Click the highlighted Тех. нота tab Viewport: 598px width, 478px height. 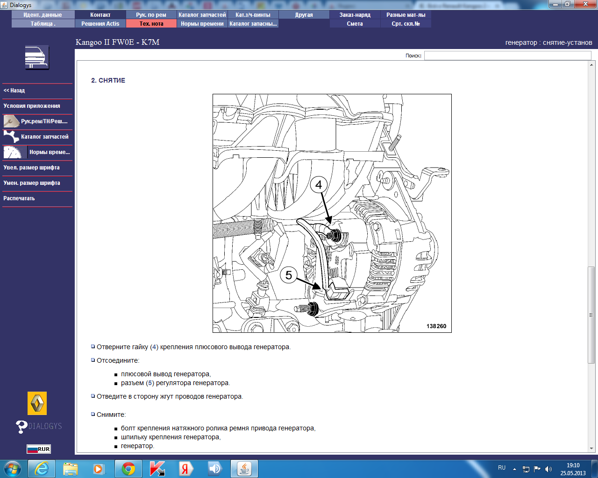pos(151,24)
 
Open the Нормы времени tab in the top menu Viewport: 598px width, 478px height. pos(202,24)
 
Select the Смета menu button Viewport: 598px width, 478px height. pos(355,24)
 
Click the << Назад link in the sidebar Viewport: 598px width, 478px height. pos(14,91)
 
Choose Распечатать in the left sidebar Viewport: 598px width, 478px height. pos(19,198)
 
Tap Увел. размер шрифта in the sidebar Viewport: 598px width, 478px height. pos(31,168)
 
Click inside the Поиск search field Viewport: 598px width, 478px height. pos(507,56)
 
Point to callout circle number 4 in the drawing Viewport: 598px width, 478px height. pos(319,185)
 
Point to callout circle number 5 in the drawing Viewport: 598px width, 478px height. pos(288,275)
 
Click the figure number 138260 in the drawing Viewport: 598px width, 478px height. pos(436,326)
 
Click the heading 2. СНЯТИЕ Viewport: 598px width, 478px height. pos(108,81)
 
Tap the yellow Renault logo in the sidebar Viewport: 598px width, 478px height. pos(37,403)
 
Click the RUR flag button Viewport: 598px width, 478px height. pos(39,449)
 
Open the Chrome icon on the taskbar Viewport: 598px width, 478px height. pos(128,469)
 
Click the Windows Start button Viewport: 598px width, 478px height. pos(12,469)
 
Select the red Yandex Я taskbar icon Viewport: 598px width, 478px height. pos(185,469)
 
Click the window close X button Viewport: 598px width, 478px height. pos(585,4)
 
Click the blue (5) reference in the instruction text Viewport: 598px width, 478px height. pos(150,383)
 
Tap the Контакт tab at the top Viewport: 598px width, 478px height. pos(100,15)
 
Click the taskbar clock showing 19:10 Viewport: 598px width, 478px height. pos(573,465)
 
